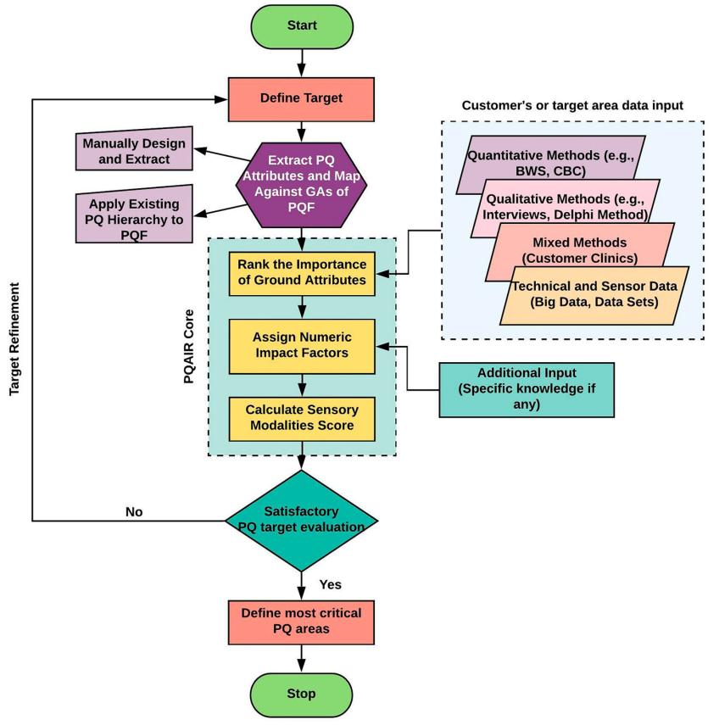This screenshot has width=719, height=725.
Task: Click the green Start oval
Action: (x=301, y=25)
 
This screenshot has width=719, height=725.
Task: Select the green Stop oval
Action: (x=301, y=694)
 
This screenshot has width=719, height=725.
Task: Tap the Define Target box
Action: (x=301, y=98)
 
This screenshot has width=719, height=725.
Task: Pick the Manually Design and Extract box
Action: (x=132, y=152)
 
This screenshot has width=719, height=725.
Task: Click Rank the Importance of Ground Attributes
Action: (x=301, y=273)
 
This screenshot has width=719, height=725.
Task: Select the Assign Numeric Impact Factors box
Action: (x=301, y=345)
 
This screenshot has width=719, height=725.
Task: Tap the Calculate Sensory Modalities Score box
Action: (x=301, y=418)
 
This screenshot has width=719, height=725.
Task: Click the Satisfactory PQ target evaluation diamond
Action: (x=301, y=519)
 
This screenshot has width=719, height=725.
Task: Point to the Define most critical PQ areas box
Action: (x=301, y=621)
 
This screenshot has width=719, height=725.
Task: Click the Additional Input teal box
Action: (x=526, y=388)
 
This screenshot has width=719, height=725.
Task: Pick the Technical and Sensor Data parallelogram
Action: (x=594, y=293)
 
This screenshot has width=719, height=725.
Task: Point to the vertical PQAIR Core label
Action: (x=189, y=347)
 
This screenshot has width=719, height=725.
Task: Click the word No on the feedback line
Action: (x=134, y=512)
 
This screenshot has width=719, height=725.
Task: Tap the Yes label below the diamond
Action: (x=330, y=584)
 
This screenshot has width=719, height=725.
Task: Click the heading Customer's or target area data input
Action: (x=572, y=105)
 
